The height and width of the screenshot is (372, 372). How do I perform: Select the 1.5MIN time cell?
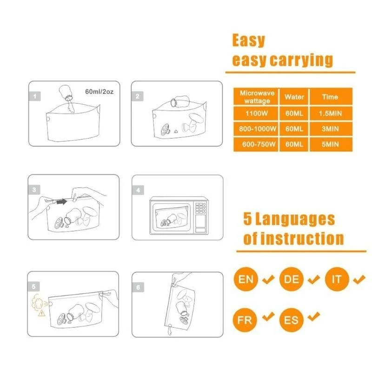[330, 113]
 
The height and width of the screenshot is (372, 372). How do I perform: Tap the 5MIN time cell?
[330, 144]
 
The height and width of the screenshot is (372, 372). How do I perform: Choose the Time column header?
[330, 97]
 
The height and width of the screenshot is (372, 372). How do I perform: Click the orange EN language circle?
[246, 280]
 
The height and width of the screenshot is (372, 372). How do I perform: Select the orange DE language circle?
[292, 280]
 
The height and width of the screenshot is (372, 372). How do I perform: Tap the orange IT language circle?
[337, 280]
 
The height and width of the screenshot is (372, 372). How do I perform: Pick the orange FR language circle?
[246, 320]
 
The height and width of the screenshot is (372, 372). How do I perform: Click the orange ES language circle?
[292, 320]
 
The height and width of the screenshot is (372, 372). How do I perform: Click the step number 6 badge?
[138, 287]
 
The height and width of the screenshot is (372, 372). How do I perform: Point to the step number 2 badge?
[138, 96]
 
